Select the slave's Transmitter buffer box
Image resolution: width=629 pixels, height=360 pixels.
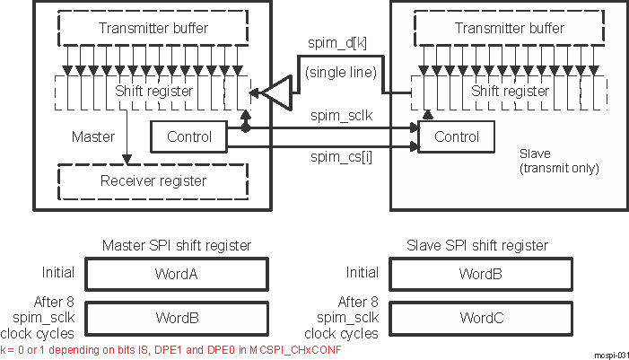[x=509, y=29]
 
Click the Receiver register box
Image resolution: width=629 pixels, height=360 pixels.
[x=146, y=180]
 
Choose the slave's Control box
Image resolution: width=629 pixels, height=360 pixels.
[x=456, y=137]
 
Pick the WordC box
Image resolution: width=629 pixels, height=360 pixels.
[x=481, y=317]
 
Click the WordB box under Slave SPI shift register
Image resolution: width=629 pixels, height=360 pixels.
[x=481, y=272]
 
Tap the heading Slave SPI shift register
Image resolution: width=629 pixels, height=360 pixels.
[x=481, y=245]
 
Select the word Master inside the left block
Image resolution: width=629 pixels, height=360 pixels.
[x=92, y=137]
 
